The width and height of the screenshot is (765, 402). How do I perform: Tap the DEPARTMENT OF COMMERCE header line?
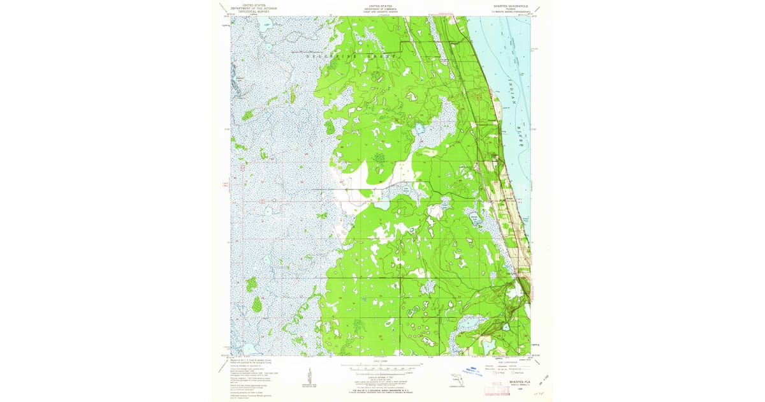381,7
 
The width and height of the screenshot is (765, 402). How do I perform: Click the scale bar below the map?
381,368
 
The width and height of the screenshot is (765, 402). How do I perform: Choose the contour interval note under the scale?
380,376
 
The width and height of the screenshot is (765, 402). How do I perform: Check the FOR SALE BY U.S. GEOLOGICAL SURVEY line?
380,389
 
